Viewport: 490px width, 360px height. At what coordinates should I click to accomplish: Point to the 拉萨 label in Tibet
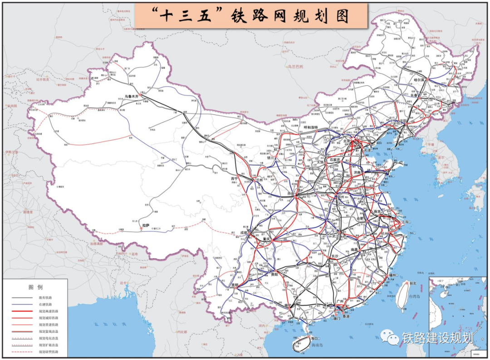click(146, 225)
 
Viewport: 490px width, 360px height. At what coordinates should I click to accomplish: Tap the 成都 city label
click(245, 232)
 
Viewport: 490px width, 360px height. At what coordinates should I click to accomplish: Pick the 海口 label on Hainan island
click(313, 338)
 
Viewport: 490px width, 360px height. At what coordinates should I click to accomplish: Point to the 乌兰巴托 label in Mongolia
click(295, 67)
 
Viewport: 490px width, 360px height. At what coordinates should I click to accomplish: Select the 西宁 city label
click(234, 179)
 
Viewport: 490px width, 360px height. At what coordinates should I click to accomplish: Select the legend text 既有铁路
click(45, 297)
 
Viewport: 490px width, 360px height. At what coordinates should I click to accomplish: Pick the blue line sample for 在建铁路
click(23, 304)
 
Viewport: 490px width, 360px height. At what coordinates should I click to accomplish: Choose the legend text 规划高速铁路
click(48, 311)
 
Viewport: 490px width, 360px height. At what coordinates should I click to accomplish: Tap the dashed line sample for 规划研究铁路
click(23, 352)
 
